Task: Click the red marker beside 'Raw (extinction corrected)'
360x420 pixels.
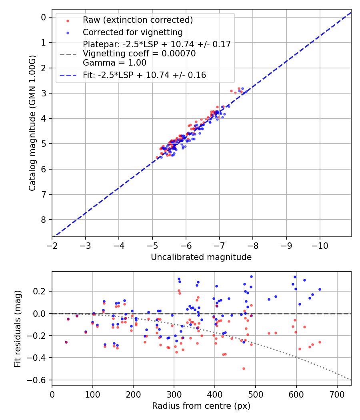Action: [x=68, y=20]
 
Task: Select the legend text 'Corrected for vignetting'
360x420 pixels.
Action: [x=132, y=32]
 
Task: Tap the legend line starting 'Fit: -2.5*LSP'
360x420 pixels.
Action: [x=144, y=75]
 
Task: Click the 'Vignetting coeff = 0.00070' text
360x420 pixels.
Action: [x=139, y=54]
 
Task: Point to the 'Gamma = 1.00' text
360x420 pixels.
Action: [x=114, y=63]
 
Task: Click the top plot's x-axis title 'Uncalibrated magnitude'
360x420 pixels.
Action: [x=201, y=257]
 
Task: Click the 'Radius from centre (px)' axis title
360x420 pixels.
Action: [x=201, y=406]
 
